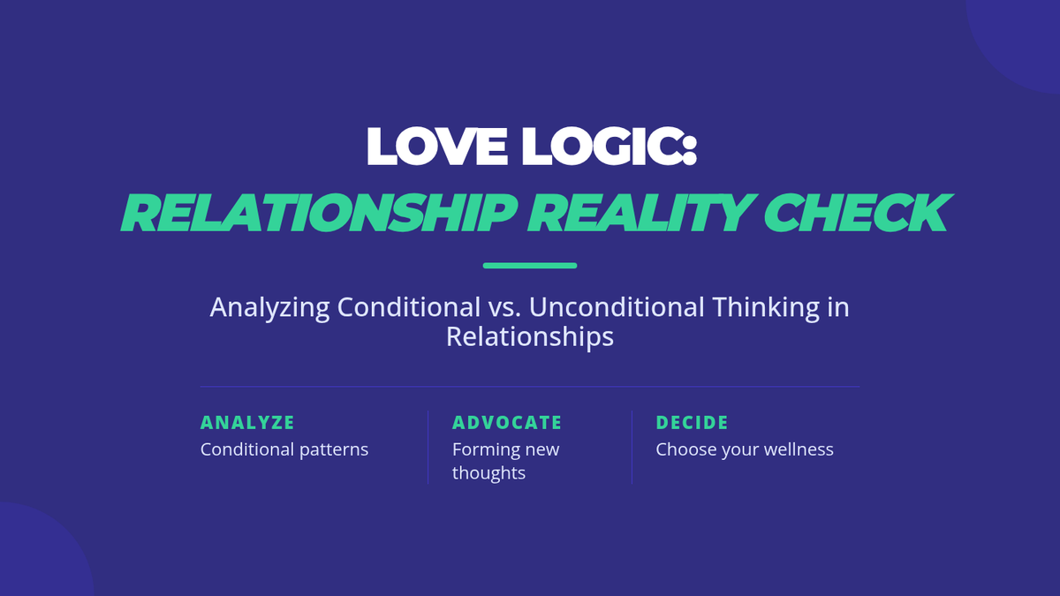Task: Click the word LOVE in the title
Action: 437,147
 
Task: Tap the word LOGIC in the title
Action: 601,147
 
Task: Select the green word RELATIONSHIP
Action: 319,213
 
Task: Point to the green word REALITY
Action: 640,213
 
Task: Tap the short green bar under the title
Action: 530,266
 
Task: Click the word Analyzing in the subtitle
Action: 269,308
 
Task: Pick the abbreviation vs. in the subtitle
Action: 505,308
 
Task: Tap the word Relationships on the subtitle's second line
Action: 530,337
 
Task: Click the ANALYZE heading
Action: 247,422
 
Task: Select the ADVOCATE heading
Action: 507,422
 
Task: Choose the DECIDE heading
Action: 692,422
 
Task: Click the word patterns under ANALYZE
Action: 334,450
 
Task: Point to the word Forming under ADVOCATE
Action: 482,450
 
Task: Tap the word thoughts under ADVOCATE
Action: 488,473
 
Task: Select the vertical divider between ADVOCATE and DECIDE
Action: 632,448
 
